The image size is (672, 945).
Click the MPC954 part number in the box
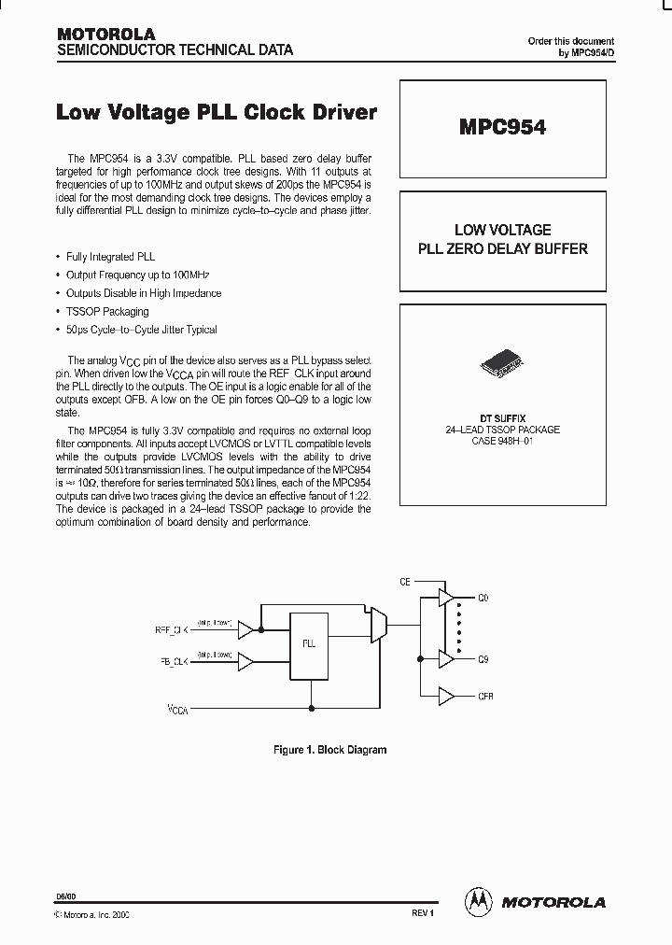501,128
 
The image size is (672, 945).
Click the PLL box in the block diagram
308,643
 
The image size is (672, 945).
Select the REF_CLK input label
172,630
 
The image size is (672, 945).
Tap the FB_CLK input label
173,662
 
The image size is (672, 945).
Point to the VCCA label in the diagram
177,710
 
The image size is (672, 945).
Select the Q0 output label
483,598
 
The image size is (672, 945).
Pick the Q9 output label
483,659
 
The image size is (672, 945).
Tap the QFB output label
485,697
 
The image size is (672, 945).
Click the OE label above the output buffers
405,582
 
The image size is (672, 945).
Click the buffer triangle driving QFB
446,697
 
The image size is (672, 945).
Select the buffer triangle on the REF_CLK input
246,630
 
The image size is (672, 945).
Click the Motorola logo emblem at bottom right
479,901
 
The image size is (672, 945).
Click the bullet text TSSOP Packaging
107,312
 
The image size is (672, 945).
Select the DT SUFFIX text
502,419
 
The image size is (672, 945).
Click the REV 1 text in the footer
423,913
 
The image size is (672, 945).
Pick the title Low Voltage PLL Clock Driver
217,113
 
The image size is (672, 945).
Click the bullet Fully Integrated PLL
110,256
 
